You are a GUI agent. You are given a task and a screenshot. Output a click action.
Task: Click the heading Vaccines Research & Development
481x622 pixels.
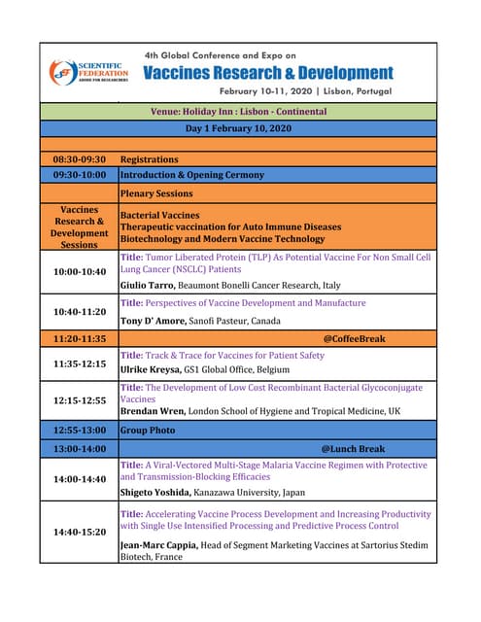268,73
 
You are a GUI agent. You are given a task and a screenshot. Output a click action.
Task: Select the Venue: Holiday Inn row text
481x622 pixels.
238,112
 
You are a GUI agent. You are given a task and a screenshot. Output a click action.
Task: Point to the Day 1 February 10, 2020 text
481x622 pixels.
238,128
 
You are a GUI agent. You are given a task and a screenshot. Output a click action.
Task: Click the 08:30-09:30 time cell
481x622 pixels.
79,158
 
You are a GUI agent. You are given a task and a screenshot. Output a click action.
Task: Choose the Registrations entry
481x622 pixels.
149,158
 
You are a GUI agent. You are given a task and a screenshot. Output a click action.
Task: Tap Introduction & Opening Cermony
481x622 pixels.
191,175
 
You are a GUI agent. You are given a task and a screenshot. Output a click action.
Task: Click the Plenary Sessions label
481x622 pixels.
155,193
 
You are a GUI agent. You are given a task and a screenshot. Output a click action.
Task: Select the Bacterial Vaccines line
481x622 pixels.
159,215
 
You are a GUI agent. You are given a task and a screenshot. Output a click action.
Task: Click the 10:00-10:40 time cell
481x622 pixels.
79,272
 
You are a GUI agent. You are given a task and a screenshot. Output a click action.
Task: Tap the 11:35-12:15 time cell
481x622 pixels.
79,363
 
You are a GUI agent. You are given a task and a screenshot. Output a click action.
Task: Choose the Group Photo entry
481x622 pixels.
149,430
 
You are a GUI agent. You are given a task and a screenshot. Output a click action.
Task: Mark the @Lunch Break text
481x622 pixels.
353,449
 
